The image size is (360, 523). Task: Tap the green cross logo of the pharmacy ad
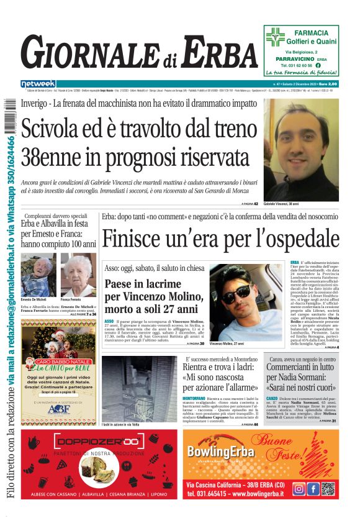275,38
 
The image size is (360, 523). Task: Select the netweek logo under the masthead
38,84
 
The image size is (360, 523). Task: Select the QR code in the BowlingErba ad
328,489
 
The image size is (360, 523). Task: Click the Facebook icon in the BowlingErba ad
313,489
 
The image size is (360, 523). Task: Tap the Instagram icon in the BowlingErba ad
299,489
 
